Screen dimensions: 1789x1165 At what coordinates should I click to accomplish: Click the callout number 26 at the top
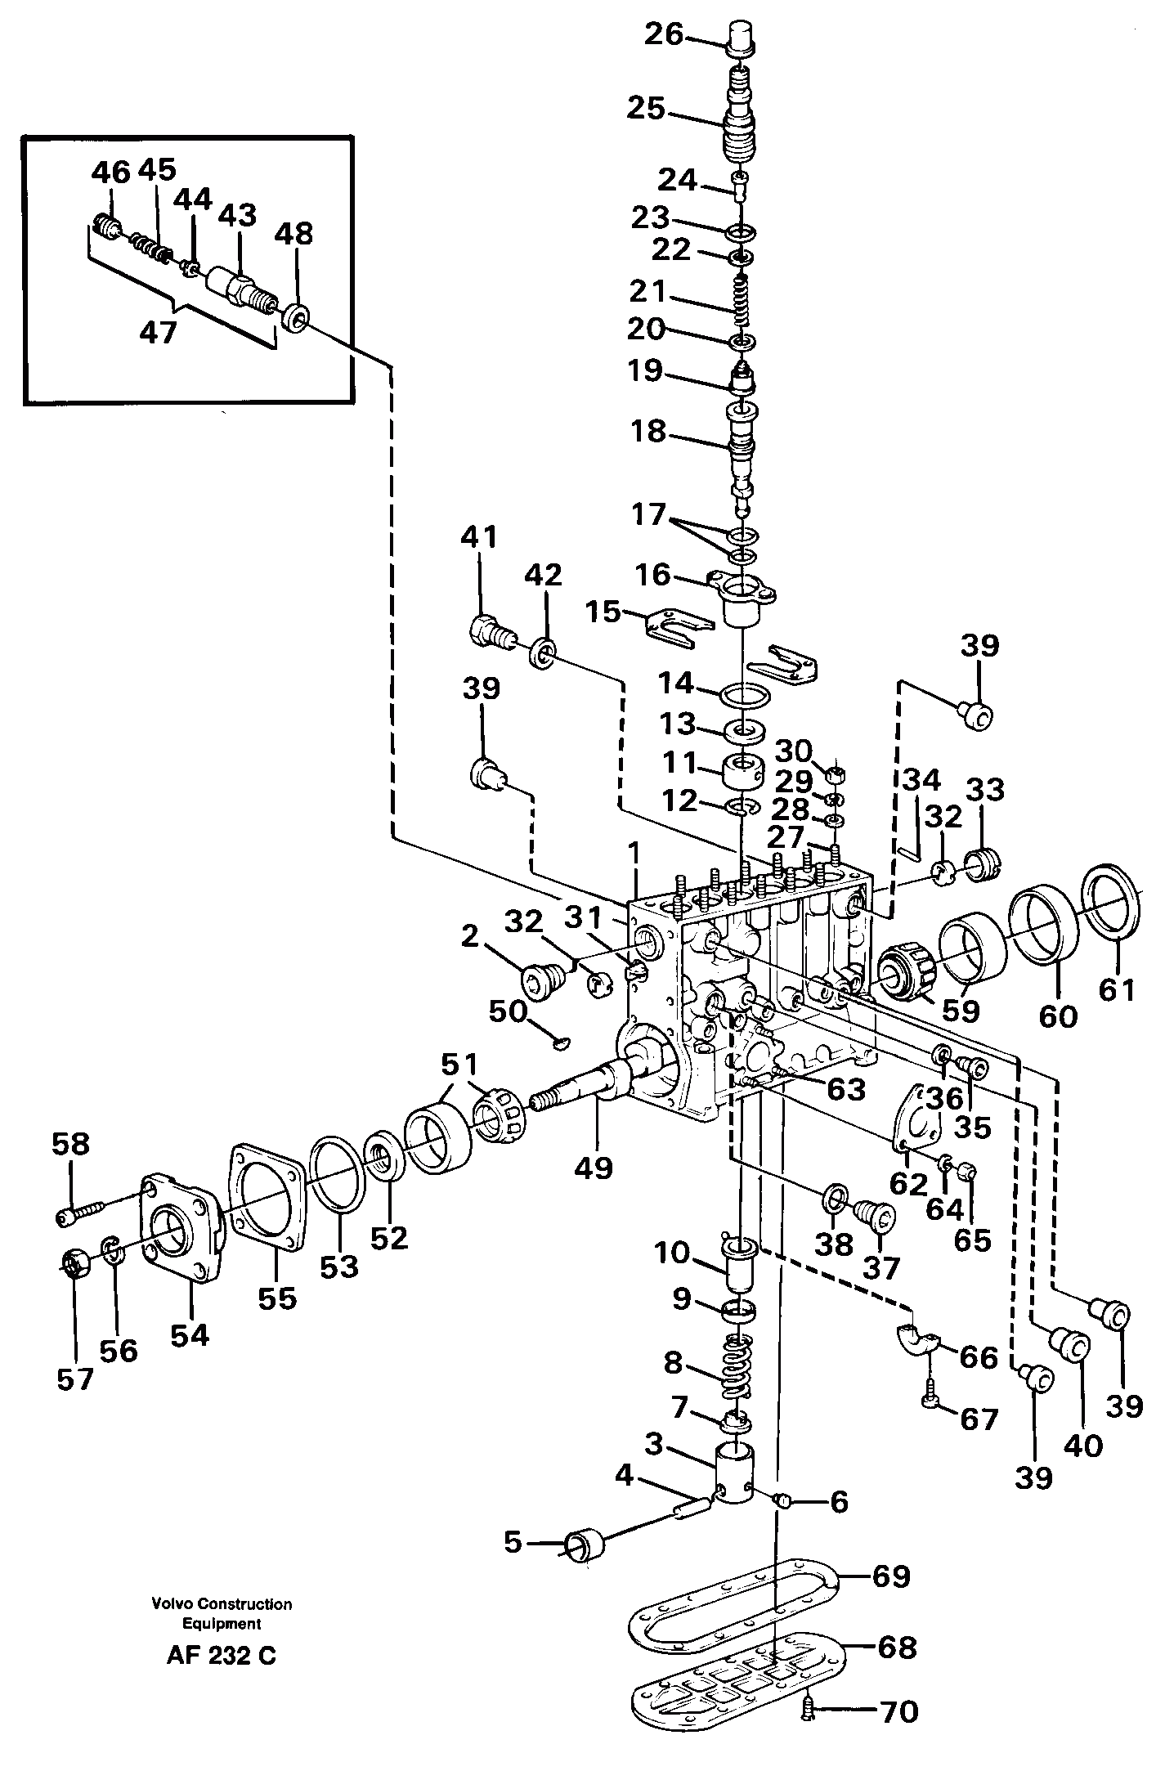[x=662, y=34]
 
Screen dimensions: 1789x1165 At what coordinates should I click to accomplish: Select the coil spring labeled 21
[x=740, y=303]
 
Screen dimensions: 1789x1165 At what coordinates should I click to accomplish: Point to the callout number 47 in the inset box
[x=158, y=333]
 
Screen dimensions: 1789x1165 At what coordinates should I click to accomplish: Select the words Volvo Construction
[x=221, y=1604]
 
